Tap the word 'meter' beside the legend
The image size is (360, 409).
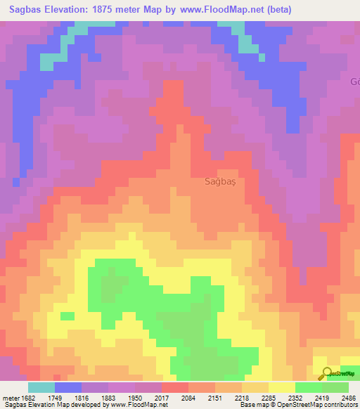click(x=11, y=398)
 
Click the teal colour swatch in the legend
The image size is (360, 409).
click(x=41, y=387)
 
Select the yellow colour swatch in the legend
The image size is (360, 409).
click(x=282, y=387)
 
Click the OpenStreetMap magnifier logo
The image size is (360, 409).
click(x=326, y=374)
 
